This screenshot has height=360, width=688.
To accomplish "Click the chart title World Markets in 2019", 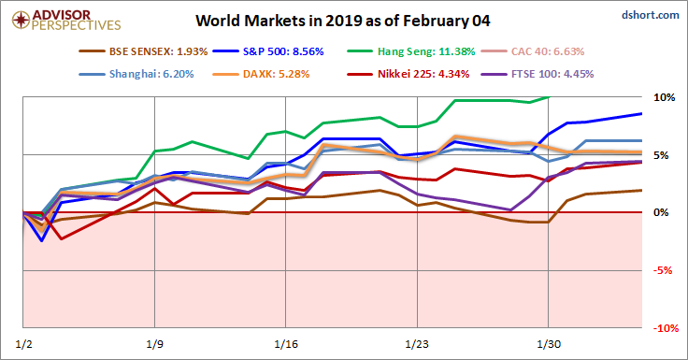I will tap(343, 19).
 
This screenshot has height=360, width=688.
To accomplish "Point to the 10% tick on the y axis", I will tap(664, 97).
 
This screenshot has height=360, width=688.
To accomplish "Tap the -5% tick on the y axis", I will tap(664, 271).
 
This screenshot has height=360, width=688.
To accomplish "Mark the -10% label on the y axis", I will tap(664, 329).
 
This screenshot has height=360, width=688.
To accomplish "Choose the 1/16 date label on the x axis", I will tap(286, 343).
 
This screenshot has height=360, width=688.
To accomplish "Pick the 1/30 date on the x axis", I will tap(548, 343).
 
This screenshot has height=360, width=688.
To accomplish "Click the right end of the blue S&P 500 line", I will tap(640, 113).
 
